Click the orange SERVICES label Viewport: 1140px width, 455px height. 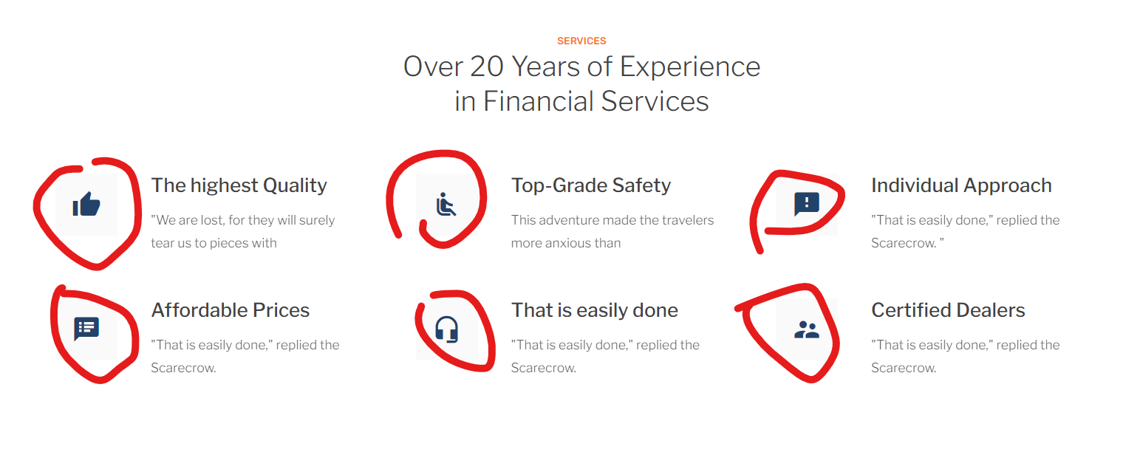coord(581,41)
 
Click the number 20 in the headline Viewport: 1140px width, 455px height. coord(487,66)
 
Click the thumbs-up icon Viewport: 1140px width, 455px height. coord(86,204)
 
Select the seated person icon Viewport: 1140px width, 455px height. coord(446,204)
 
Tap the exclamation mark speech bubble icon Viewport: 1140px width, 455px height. coord(807,204)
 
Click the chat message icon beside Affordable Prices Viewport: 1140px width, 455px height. coord(86,329)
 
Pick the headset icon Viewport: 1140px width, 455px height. coord(447,329)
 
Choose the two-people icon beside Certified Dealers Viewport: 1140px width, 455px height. coord(807,329)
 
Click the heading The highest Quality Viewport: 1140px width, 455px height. coord(239,185)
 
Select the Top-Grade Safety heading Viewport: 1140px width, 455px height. coord(591,185)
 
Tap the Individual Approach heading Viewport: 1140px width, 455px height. coord(961,185)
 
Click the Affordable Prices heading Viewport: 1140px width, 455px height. coord(230,310)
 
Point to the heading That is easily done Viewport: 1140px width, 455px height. coord(595,310)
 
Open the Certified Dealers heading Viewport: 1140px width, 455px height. coord(948,310)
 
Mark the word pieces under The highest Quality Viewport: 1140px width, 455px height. coord(230,244)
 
